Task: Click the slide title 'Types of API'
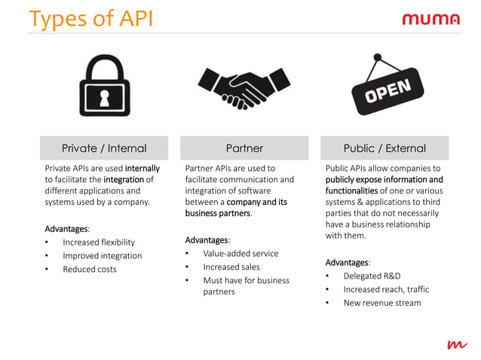coord(90,18)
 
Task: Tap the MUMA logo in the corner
coord(430,19)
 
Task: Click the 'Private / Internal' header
coord(104,148)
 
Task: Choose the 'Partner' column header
coord(244,148)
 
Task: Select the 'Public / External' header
coord(384,148)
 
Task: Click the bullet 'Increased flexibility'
coord(99,243)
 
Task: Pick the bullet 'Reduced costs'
coord(90,270)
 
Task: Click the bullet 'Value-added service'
coord(240,254)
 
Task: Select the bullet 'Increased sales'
coord(231,267)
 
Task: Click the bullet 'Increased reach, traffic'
coord(386,290)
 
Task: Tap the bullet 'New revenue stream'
coord(382,304)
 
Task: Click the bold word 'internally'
coord(142,169)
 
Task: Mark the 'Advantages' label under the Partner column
coord(207,240)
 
